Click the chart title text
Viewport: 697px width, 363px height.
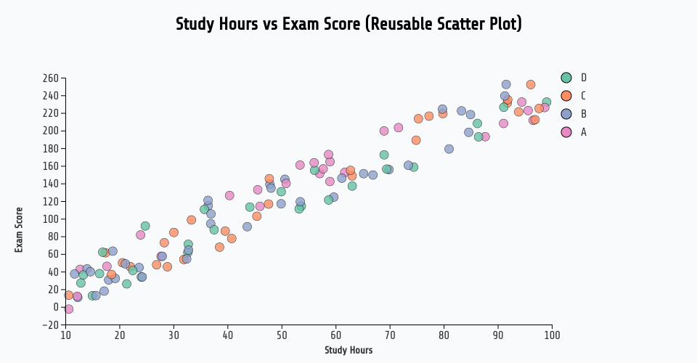(x=348, y=24)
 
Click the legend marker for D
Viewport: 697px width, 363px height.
(x=566, y=78)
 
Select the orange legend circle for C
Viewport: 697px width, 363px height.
(x=566, y=96)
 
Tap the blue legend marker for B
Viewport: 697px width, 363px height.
(x=566, y=114)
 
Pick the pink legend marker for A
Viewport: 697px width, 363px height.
(x=566, y=132)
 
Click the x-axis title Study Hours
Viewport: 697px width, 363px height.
(x=348, y=350)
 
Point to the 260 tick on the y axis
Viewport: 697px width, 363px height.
(x=50, y=78)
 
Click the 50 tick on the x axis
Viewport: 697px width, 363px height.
(x=282, y=335)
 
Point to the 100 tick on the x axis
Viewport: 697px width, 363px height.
(x=552, y=335)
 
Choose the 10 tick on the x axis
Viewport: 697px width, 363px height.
(x=65, y=335)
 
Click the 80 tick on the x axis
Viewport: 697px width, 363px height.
(x=444, y=335)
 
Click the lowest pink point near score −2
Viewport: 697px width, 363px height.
(x=69, y=309)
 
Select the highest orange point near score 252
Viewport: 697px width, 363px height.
(x=531, y=84)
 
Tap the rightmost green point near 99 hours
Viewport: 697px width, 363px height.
(x=546, y=102)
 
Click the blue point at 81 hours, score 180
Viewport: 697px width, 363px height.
(x=449, y=149)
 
